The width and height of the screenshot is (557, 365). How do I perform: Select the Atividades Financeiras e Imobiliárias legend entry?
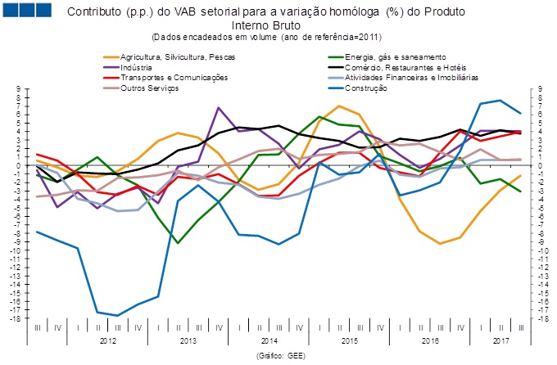pos(413,77)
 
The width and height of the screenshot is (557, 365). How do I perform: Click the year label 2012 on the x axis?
pos(107,339)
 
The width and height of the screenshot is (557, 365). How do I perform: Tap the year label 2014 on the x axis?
pos(268,339)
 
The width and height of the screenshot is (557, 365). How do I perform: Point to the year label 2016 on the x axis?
pos(428,339)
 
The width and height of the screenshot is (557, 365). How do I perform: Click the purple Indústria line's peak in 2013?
pos(219,108)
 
